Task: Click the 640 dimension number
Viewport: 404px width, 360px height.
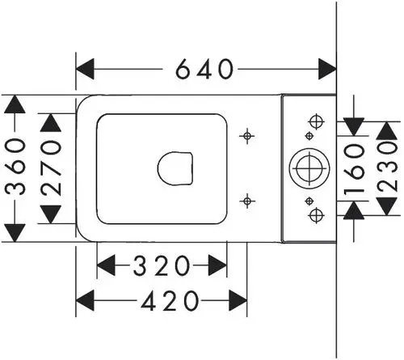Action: pos(204,69)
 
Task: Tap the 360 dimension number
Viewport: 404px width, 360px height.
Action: pos(15,167)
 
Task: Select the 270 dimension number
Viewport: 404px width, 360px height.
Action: pos(51,168)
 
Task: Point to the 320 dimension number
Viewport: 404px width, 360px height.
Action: pos(162,265)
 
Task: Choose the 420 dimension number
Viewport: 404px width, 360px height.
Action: pos(170,300)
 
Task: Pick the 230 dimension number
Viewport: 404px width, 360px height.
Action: pos(387,167)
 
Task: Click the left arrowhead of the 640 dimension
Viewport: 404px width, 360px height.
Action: pos(85,69)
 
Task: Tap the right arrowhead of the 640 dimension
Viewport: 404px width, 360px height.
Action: pos(327,69)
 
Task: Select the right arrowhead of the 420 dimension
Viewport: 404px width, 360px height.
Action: pos(238,300)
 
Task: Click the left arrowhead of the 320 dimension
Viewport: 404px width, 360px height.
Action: pos(106,265)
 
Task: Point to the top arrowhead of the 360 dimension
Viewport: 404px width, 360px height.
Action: pos(15,104)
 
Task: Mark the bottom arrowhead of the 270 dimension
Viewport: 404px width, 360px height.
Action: pos(51,214)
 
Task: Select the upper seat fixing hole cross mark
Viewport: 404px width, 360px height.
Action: pos(247,136)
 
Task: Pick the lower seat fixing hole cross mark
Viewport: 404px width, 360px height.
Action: pos(247,201)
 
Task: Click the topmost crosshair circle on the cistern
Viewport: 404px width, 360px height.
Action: pos(317,122)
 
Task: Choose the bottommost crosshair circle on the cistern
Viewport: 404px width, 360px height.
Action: pos(317,215)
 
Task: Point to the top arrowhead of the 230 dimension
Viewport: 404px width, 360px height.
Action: pos(387,131)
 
